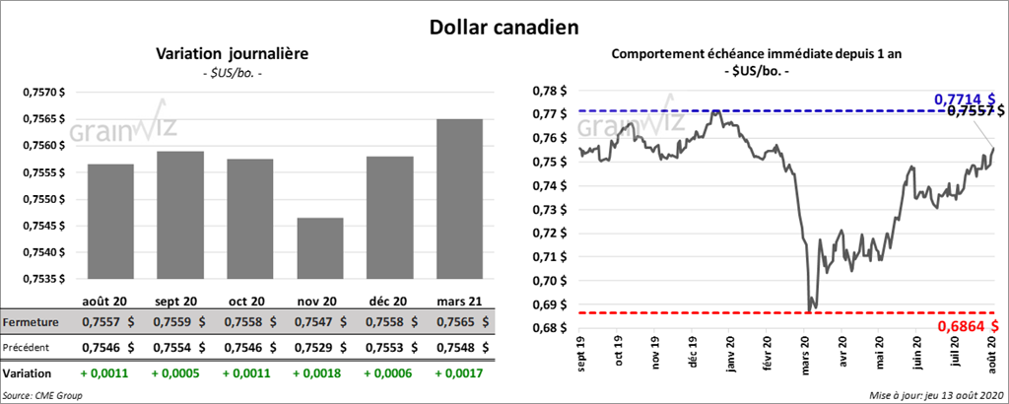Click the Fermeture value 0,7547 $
pos(319,322)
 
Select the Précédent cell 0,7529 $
pos(319,347)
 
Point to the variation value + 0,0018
pos(319,373)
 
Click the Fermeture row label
pos(31,322)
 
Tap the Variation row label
pos(27,373)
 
